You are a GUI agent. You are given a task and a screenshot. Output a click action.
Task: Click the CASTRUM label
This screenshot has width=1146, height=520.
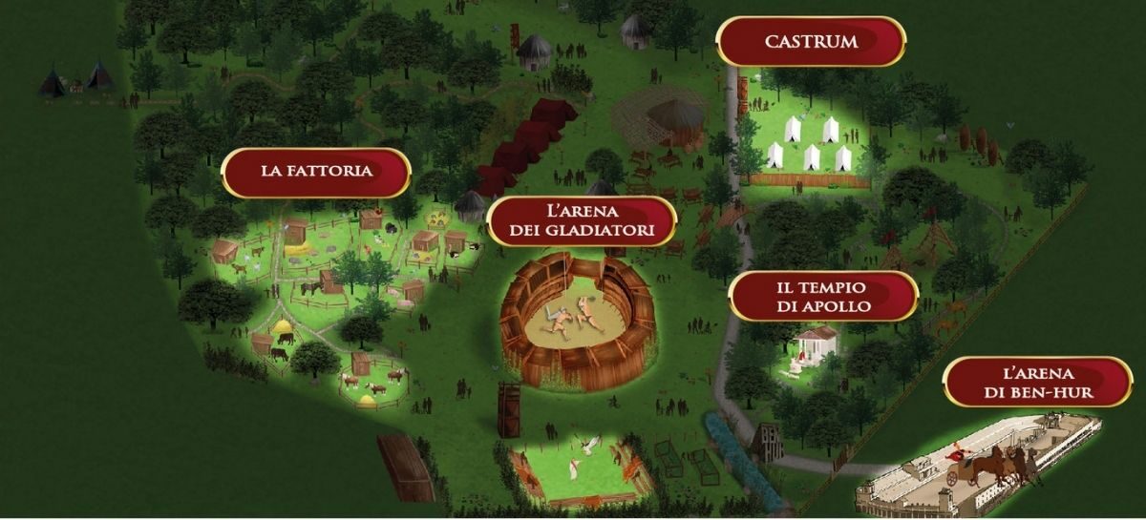[811, 42]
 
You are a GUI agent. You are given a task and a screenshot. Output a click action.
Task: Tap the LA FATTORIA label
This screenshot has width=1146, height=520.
[316, 173]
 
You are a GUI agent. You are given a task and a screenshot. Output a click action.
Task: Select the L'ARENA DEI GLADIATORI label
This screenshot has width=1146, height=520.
[581, 220]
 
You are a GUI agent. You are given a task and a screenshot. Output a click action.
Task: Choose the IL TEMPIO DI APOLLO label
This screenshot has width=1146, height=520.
[822, 296]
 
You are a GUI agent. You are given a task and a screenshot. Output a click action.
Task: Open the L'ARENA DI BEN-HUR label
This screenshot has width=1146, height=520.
[1037, 382]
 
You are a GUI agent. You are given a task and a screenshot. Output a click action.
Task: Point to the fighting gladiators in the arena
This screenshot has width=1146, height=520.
[572, 314]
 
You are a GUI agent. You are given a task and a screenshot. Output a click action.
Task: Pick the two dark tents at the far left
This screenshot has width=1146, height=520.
[76, 79]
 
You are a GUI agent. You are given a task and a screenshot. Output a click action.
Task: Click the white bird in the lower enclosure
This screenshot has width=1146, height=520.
[589, 445]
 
